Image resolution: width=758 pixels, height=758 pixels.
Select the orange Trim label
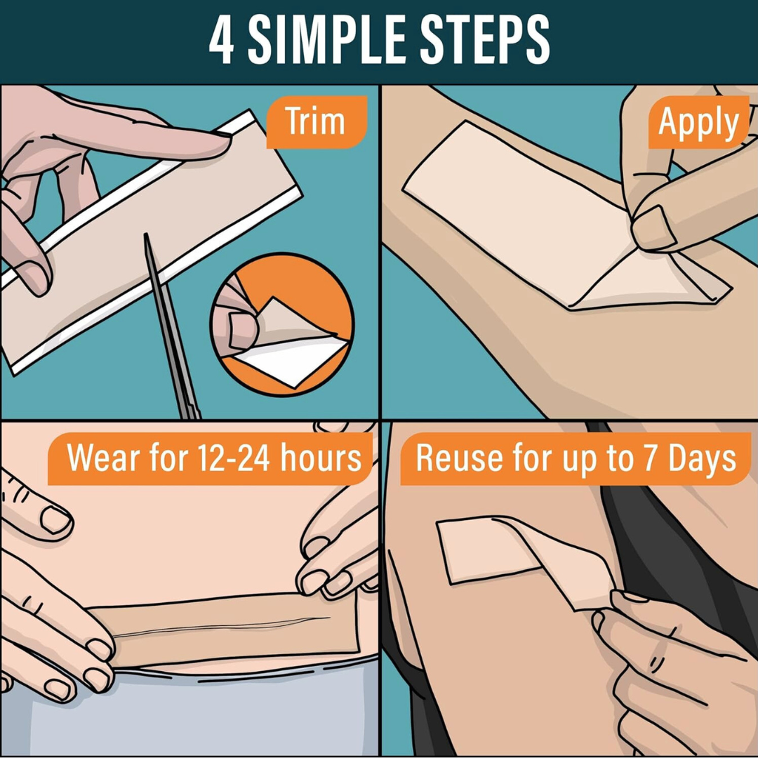(315, 121)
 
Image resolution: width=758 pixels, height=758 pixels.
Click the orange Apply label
(698, 123)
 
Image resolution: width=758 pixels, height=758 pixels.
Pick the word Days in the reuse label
(702, 458)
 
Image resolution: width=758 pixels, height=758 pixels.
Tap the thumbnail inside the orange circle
(241, 331)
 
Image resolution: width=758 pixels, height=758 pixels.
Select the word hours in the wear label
(321, 458)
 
